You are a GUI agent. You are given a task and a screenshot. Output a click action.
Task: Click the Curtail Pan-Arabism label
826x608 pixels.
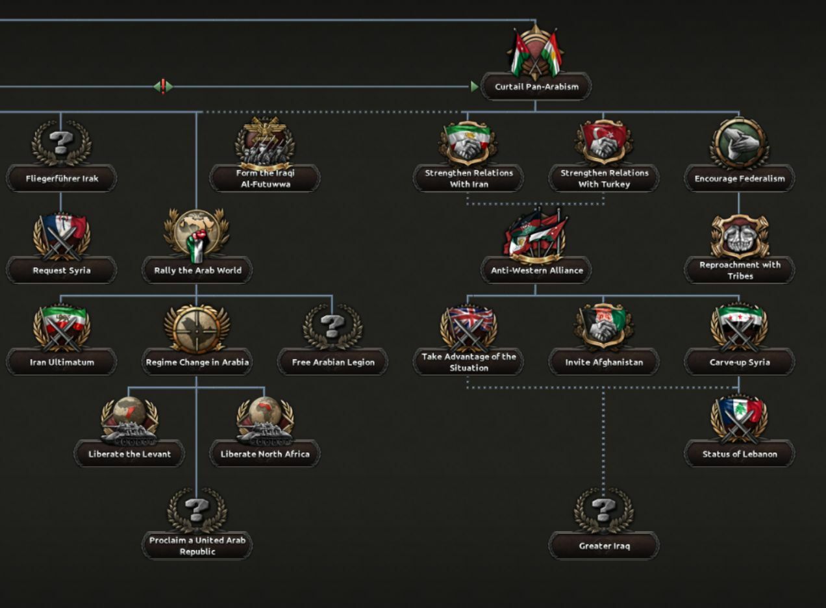coord(536,86)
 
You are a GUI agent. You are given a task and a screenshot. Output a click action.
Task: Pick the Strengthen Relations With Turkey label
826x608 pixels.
coord(604,179)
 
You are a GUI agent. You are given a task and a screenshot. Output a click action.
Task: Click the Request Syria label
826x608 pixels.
coord(62,270)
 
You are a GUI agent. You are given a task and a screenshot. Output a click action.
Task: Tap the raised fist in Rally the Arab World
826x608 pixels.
coord(197,246)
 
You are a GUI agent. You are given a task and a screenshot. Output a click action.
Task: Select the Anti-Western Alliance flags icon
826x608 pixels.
coord(536,235)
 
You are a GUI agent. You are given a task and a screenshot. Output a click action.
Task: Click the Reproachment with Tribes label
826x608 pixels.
coord(740,270)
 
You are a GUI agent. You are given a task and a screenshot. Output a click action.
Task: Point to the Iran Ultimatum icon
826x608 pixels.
coord(61,327)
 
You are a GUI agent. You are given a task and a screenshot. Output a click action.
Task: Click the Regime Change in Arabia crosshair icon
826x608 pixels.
coord(196,327)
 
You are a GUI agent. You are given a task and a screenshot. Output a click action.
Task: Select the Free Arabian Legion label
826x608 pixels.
coord(332,362)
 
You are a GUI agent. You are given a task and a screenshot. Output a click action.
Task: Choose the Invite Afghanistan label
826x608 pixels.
coord(604,362)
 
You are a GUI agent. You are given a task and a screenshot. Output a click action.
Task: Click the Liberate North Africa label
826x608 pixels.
coord(264,454)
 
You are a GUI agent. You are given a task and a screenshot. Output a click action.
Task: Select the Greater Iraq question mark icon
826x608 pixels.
coord(603,510)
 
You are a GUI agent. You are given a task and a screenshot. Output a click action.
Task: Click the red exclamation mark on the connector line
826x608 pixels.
coord(163,86)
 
